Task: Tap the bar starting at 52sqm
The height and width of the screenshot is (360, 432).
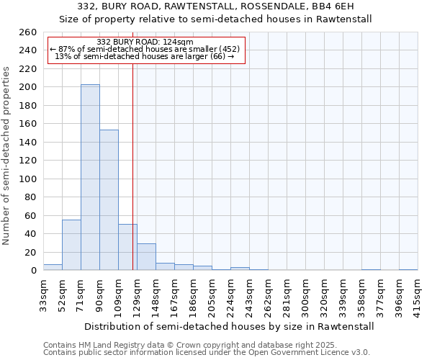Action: (x=71, y=245)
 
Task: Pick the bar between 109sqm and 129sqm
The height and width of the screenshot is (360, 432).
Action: (x=127, y=247)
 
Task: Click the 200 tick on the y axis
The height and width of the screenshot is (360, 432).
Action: (x=28, y=87)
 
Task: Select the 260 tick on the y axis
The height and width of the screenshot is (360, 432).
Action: (x=28, y=32)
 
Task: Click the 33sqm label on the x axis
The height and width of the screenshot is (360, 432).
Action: (x=44, y=296)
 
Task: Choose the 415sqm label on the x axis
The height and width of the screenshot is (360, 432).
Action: (x=418, y=296)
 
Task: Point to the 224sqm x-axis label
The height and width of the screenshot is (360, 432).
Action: (x=230, y=296)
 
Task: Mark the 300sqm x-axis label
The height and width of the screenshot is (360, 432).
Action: (x=305, y=296)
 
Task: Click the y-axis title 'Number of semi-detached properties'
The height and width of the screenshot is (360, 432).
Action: (x=6, y=156)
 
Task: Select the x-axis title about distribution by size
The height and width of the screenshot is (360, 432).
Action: (x=229, y=326)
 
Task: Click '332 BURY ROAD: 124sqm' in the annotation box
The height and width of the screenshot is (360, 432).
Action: (x=145, y=42)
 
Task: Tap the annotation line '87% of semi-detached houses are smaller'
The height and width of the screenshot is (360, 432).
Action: (x=145, y=49)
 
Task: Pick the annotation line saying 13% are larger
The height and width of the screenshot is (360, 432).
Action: (x=145, y=56)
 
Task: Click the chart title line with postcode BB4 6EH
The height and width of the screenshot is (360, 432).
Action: (x=216, y=6)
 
